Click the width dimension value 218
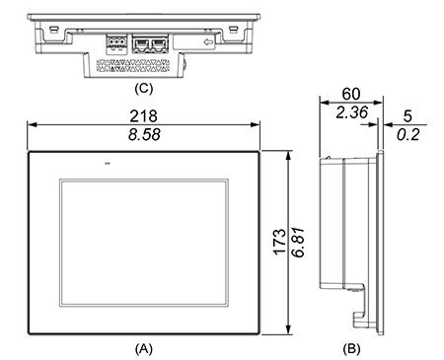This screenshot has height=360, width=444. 143,116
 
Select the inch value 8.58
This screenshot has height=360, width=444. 144,134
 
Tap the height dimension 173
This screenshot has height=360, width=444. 280,242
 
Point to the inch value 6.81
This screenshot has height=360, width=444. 298,242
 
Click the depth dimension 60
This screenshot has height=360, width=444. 351,94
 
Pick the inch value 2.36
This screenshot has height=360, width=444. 351,112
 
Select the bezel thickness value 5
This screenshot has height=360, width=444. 407,116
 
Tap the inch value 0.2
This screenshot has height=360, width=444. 407,135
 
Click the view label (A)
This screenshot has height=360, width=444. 144,348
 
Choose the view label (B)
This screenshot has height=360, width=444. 351,348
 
